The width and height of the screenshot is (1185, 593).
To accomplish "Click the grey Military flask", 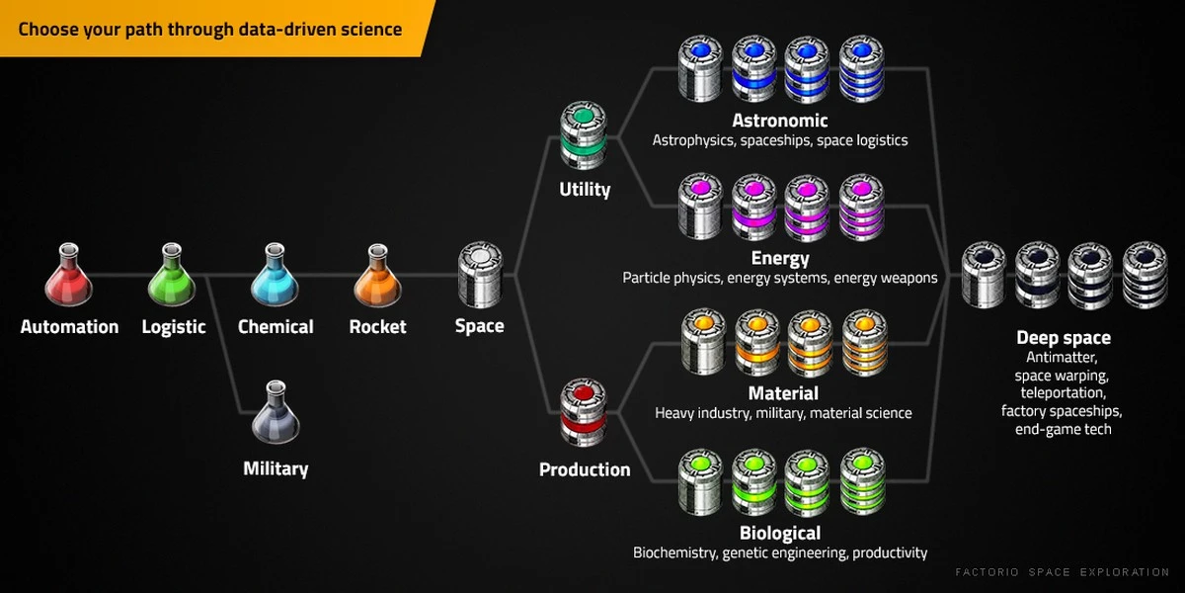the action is point(276,412).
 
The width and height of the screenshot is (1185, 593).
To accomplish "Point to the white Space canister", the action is point(480,275).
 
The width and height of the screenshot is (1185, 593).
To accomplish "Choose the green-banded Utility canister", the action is point(584,135).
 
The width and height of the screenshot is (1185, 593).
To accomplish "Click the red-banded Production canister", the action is point(584,412).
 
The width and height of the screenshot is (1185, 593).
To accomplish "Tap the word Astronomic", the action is point(780,121).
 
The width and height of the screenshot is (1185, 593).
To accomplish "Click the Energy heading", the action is point(780,258).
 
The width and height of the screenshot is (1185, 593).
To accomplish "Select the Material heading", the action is point(783,393).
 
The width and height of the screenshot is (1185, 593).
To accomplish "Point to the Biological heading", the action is point(780,533).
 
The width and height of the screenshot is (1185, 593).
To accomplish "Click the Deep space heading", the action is point(1064,338).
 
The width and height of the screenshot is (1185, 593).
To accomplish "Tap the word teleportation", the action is point(1063,393).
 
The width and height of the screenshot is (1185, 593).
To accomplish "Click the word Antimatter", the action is point(1062,358).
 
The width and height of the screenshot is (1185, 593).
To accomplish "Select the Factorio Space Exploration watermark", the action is point(1063,572).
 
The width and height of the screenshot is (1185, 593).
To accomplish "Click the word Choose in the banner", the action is point(48,29).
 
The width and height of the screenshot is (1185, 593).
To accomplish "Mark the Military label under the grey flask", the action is point(276,468).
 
